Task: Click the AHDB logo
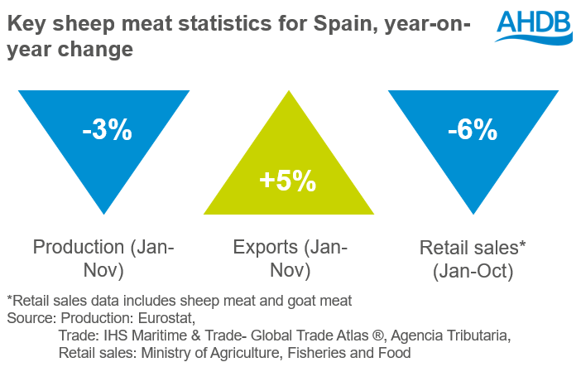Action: point(533,27)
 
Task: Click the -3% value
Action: point(107,130)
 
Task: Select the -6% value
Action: point(473,130)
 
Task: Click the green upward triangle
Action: point(287,166)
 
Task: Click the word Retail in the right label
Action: point(445,246)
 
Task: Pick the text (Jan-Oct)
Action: point(473,270)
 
